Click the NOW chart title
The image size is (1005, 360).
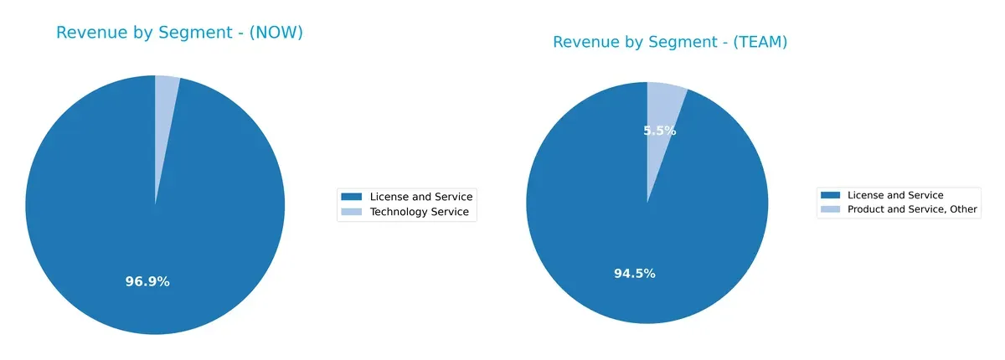coord(179,33)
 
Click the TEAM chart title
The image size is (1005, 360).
coord(670,42)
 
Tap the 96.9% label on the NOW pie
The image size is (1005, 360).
coord(147,281)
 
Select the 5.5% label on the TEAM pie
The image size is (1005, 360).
coord(660,131)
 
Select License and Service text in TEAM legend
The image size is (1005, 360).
coord(895,195)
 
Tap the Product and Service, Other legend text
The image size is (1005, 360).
coord(912,209)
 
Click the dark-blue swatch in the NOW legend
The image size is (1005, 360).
coord(352,197)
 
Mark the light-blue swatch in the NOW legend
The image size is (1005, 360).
coord(352,213)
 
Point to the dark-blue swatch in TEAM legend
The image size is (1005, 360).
coord(831,195)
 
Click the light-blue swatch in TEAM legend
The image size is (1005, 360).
coord(831,209)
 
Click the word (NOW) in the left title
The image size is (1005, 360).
coord(271,33)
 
